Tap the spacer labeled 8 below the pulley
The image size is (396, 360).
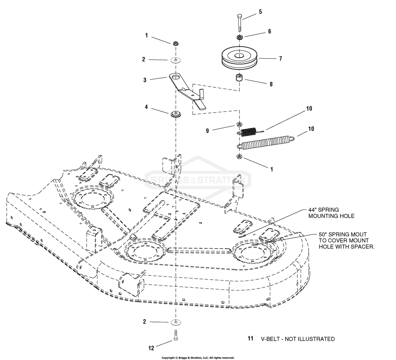click(239, 78)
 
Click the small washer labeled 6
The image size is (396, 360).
click(240, 37)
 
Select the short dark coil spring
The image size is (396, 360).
click(249, 132)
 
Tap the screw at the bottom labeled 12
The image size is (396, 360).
click(176, 335)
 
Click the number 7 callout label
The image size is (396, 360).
click(280, 59)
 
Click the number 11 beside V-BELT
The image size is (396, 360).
click(250, 339)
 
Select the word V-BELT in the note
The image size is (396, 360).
click(271, 339)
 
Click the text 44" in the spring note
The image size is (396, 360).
click(313, 210)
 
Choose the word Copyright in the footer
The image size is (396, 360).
click(169, 358)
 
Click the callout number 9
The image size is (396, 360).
click(207, 131)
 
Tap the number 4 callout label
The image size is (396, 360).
click(146, 107)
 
